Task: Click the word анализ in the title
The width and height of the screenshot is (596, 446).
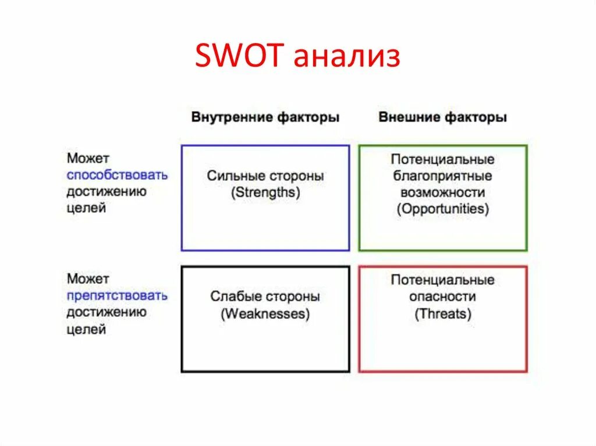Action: coord(347,58)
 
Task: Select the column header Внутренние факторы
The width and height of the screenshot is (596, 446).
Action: coord(265,117)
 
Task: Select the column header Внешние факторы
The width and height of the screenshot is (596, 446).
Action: coord(442,117)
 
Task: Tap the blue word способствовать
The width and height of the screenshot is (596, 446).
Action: coord(117,175)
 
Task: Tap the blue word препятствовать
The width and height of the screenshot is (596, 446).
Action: coord(117,296)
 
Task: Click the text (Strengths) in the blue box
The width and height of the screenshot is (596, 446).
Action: coord(265,193)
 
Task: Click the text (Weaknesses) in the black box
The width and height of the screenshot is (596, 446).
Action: coord(265,314)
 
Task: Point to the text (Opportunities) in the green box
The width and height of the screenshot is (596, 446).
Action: coord(442,209)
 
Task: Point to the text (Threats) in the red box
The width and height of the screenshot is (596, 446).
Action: coord(442,314)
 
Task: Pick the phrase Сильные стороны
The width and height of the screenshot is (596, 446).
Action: coord(265,176)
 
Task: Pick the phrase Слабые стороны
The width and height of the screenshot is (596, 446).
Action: coord(265,297)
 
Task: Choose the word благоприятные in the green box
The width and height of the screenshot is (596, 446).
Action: coord(442,176)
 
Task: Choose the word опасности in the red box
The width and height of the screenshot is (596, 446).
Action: coord(442,297)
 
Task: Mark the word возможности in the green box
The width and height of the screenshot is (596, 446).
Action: coord(442,192)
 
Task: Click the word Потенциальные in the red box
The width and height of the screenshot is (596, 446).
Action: coord(442,280)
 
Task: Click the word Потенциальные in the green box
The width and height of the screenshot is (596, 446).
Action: coord(442,159)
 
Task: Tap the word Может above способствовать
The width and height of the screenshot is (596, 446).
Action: coord(88,158)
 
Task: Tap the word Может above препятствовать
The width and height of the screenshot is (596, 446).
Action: coord(88,279)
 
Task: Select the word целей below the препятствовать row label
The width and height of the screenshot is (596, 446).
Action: coord(86,330)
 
